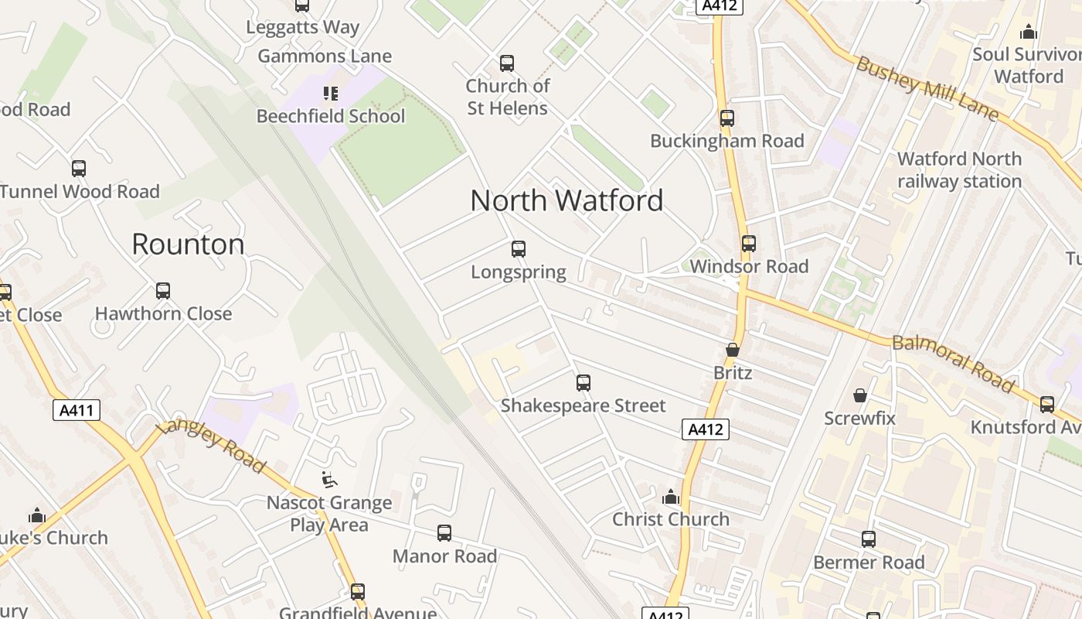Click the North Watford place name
[567, 201]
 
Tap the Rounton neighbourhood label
[188, 245]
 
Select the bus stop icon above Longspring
[519, 249]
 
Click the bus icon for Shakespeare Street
[584, 383]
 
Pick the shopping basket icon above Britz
[733, 350]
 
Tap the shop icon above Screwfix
[859, 396]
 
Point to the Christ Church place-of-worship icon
[671, 497]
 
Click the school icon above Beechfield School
[331, 94]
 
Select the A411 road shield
[77, 409]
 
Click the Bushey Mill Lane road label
[927, 88]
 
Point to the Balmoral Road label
[953, 363]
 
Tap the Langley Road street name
[210, 447]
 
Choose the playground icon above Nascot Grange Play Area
[329, 480]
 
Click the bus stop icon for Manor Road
[444, 533]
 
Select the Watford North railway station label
[959, 170]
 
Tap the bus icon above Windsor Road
[749, 244]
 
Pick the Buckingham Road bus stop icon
[727, 118]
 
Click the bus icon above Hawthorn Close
[163, 291]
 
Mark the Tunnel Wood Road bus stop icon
[79, 169]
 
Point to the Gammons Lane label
[325, 56]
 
